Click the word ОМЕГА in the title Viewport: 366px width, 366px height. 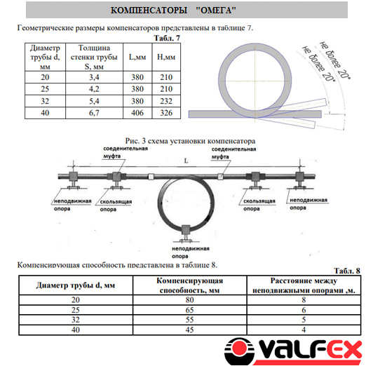click(x=216, y=11)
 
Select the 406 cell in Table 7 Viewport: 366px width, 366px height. click(x=137, y=113)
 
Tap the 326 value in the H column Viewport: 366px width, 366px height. click(x=166, y=113)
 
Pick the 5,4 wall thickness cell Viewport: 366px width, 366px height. click(x=94, y=101)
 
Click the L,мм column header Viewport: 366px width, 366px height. click(x=137, y=57)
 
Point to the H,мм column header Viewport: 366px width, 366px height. click(x=166, y=57)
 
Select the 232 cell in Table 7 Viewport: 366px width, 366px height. click(x=166, y=101)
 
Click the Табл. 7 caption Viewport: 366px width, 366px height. click(x=167, y=38)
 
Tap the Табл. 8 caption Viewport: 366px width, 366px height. click(x=347, y=271)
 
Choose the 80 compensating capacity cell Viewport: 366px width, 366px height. click(x=189, y=300)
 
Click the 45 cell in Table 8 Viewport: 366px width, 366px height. click(x=189, y=330)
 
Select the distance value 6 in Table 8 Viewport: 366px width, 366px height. click(x=304, y=310)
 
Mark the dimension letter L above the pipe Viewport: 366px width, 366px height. click(x=186, y=161)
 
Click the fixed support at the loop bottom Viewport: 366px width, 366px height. click(x=186, y=233)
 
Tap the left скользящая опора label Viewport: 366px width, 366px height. click(x=116, y=205)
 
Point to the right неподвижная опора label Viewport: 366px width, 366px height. click(x=309, y=204)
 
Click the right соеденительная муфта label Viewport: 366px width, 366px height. click(x=233, y=153)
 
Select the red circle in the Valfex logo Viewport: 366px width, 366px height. click(x=239, y=350)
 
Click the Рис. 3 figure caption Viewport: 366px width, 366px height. click(x=190, y=141)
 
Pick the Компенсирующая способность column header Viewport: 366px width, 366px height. click(x=189, y=285)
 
